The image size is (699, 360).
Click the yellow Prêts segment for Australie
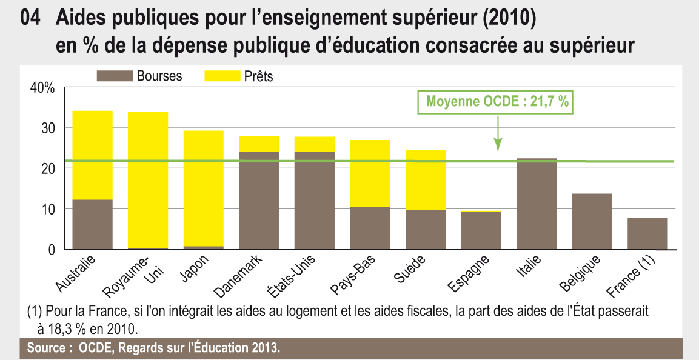pyautogui.click(x=92, y=155)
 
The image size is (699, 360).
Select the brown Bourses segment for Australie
pyautogui.click(x=92, y=224)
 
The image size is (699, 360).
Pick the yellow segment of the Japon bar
pyautogui.click(x=204, y=188)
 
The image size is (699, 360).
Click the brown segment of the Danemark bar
pyautogui.click(x=259, y=201)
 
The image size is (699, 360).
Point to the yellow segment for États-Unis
pyautogui.click(x=314, y=144)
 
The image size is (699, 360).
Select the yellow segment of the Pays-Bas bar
pyautogui.click(x=370, y=173)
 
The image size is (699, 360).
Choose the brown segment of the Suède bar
pyautogui.click(x=426, y=230)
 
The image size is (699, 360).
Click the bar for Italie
pyautogui.click(x=537, y=204)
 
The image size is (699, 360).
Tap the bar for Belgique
pyautogui.click(x=592, y=221)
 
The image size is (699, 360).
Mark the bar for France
pyautogui.click(x=647, y=233)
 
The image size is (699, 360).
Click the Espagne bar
pyautogui.click(x=481, y=230)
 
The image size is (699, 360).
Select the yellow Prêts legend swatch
pyautogui.click(x=221, y=76)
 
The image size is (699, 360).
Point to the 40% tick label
pyautogui.click(x=42, y=88)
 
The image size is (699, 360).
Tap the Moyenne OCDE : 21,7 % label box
pyautogui.click(x=497, y=102)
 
